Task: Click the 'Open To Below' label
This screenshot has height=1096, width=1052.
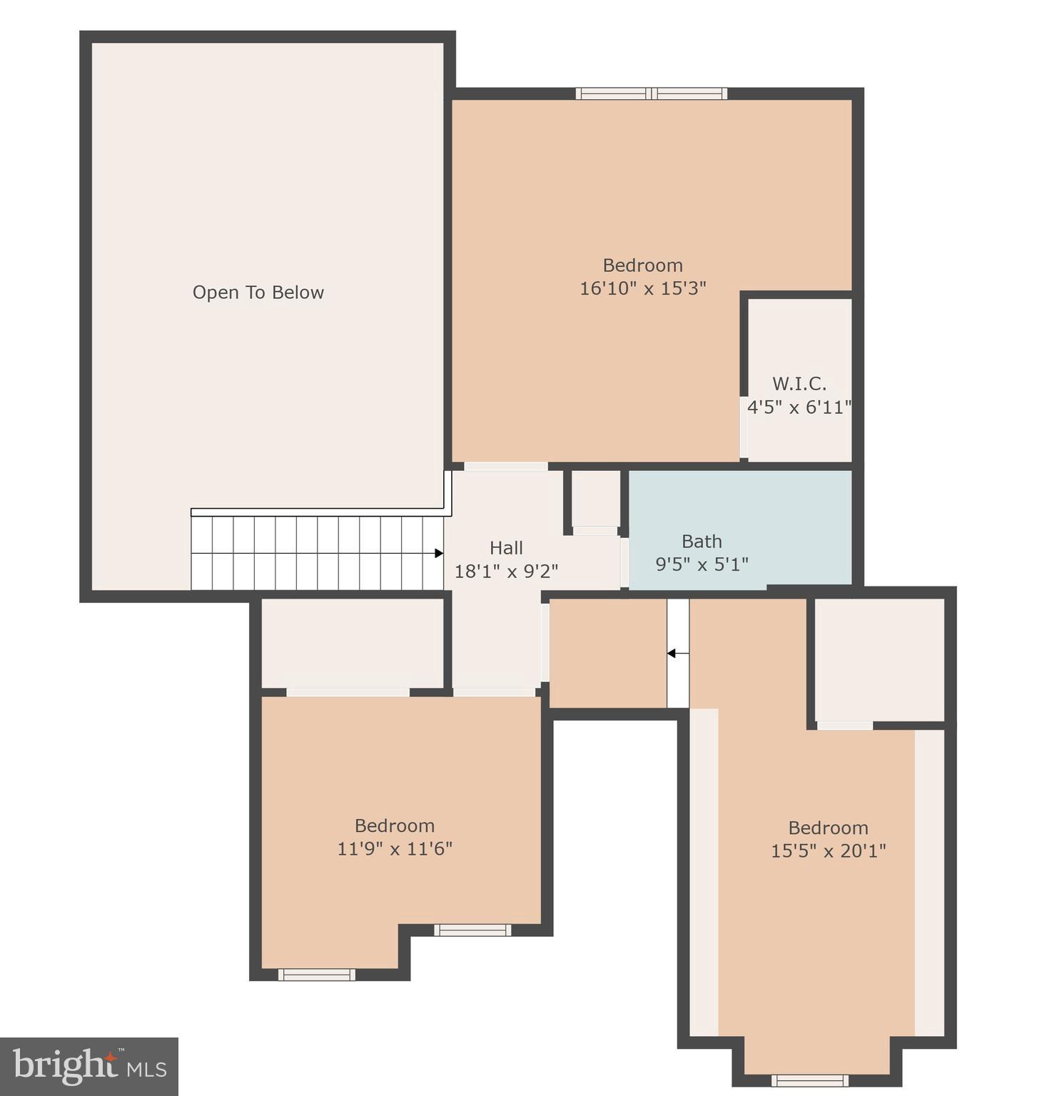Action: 258,293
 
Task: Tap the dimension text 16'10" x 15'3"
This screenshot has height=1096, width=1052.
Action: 642,288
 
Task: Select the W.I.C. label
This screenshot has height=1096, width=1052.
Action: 799,384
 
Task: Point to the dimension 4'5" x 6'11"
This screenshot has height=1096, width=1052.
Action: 799,407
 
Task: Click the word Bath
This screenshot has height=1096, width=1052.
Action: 702,542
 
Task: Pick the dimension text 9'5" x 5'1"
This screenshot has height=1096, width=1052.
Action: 702,564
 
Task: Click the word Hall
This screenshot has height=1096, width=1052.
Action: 506,548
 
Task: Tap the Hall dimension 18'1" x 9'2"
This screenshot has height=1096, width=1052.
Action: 506,572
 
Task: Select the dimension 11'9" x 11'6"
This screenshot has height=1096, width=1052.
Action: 395,848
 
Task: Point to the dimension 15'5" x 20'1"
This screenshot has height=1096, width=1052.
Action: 828,851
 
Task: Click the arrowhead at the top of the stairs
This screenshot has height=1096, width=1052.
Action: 438,553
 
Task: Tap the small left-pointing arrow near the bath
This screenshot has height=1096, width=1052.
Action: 672,653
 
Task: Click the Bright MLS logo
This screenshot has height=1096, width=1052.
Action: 89,1067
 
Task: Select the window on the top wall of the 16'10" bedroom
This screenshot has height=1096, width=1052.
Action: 652,93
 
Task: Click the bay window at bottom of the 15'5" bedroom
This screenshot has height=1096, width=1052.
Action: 810,1080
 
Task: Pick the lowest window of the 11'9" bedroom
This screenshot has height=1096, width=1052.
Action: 316,975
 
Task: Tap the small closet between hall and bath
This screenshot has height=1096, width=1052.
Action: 595,499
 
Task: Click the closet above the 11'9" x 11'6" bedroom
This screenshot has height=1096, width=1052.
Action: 353,643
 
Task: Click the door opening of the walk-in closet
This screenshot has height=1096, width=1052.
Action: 744,427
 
